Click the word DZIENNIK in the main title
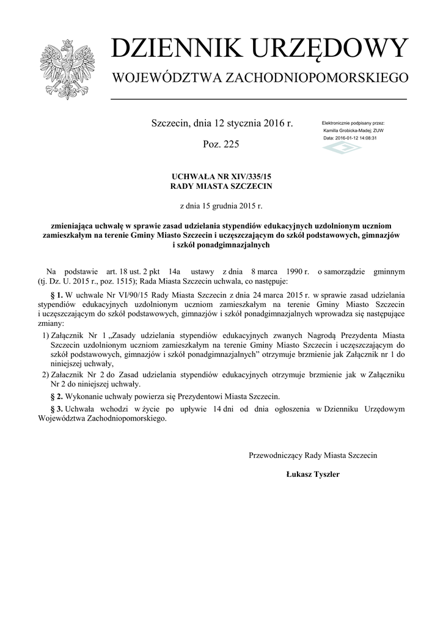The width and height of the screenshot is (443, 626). click(169, 50)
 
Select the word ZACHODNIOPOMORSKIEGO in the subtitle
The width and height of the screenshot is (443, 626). click(317, 78)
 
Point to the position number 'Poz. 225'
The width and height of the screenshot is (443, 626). click(221, 145)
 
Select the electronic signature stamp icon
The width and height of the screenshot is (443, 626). click(342, 149)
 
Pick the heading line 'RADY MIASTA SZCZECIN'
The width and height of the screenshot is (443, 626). click(221, 185)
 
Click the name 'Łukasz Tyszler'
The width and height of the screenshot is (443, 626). click(313, 474)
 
